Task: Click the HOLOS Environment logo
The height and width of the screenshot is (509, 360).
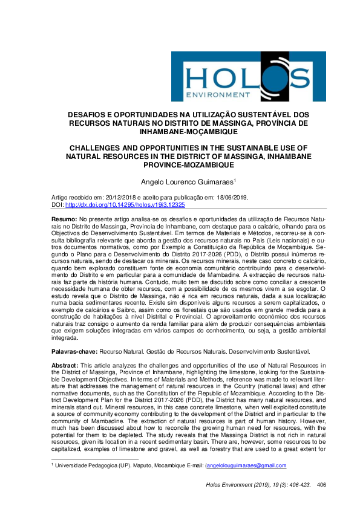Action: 247,76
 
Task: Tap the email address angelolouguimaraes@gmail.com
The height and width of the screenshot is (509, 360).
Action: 246,465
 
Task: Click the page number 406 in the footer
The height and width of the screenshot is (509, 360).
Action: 321,484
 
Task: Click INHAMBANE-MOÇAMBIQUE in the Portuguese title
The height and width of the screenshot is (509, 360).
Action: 179,131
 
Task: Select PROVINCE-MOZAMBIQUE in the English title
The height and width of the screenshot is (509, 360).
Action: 180,164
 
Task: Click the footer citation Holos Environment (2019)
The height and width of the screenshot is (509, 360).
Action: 242,484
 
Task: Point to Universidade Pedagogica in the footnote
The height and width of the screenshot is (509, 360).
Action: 85,465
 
